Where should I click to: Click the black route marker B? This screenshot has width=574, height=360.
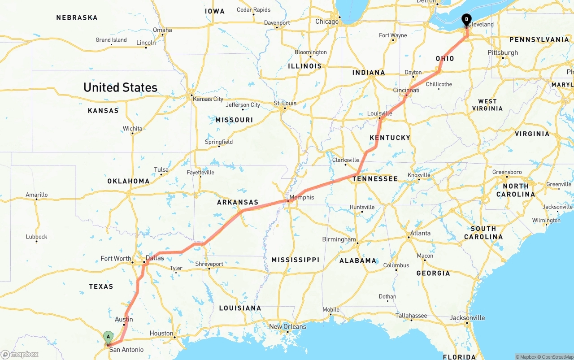pos(466,20)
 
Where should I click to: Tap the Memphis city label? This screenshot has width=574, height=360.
pos(302,197)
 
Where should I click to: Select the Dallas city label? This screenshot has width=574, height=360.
pos(155,258)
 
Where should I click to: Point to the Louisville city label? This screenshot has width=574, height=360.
pos(379,113)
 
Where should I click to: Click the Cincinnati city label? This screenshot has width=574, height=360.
pos(406,90)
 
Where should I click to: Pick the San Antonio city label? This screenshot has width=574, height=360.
pos(126,350)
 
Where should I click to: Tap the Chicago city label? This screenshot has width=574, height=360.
pos(327,22)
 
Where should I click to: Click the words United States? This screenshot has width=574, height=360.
pos(120,87)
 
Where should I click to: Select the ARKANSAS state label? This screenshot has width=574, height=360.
pos(238,202)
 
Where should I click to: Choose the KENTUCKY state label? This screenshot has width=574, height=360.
pos(390,138)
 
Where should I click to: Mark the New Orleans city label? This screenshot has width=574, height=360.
pos(287,326)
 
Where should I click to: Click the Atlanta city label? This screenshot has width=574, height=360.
pos(420,233)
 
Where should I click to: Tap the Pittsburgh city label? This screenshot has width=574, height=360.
pos(503,52)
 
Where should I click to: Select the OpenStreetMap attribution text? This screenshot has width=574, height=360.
pos(557,357)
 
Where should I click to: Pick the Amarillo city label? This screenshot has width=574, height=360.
pos(36,195)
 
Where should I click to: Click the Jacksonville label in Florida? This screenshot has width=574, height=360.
pos(467,318)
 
